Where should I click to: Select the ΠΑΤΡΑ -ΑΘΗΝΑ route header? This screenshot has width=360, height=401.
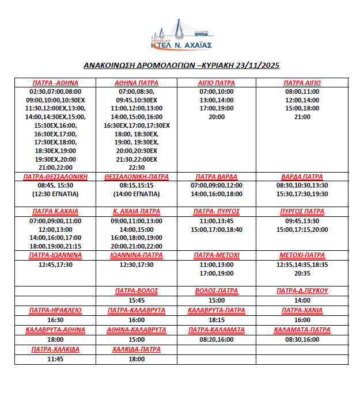[x=55, y=83]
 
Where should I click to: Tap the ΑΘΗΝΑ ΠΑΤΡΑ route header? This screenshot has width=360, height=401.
[x=137, y=83]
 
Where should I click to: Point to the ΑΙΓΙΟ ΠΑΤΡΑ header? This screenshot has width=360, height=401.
[x=217, y=83]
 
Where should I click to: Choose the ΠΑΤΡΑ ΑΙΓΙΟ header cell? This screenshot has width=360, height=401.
[x=302, y=83]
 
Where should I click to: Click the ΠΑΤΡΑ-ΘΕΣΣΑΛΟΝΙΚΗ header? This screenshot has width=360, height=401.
[x=55, y=177]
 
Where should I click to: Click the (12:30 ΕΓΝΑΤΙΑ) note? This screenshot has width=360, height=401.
[x=55, y=194]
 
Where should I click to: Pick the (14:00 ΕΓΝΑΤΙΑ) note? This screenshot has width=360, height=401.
[x=137, y=194]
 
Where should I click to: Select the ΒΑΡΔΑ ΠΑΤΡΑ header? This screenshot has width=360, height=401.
[x=302, y=177]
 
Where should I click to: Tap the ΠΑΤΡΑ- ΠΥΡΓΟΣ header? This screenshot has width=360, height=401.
[x=217, y=212]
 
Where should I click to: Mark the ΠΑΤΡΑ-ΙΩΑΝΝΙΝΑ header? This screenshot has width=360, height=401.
[x=55, y=255]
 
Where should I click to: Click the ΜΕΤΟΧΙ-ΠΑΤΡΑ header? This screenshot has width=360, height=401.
[x=302, y=255]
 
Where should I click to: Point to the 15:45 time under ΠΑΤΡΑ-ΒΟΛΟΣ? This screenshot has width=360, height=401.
[x=137, y=300]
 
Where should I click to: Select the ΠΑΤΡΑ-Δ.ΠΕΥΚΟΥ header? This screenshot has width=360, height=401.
[x=302, y=291]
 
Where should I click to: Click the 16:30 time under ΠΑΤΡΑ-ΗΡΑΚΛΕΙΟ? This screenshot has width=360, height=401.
[x=55, y=320]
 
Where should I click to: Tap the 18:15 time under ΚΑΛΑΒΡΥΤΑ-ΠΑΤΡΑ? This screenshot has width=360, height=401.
[x=217, y=320]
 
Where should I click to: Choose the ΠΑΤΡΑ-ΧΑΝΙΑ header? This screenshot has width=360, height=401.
[x=302, y=311]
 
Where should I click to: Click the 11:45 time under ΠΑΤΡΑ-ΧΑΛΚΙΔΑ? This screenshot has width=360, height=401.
[x=55, y=359]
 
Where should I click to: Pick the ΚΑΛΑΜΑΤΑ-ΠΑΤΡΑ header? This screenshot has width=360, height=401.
[x=302, y=330]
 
